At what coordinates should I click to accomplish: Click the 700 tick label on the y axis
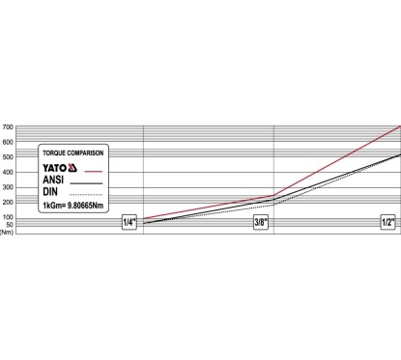9,127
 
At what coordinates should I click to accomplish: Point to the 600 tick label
9,142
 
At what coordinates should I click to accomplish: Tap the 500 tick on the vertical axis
9,157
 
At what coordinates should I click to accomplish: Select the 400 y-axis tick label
9,172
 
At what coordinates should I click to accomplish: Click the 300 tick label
9,187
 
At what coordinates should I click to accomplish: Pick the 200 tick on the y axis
9,203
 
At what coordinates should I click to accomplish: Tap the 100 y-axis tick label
9,217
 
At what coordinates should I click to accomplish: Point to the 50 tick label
10,225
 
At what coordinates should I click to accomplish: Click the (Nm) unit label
7,232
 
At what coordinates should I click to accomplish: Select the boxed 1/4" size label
129,222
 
